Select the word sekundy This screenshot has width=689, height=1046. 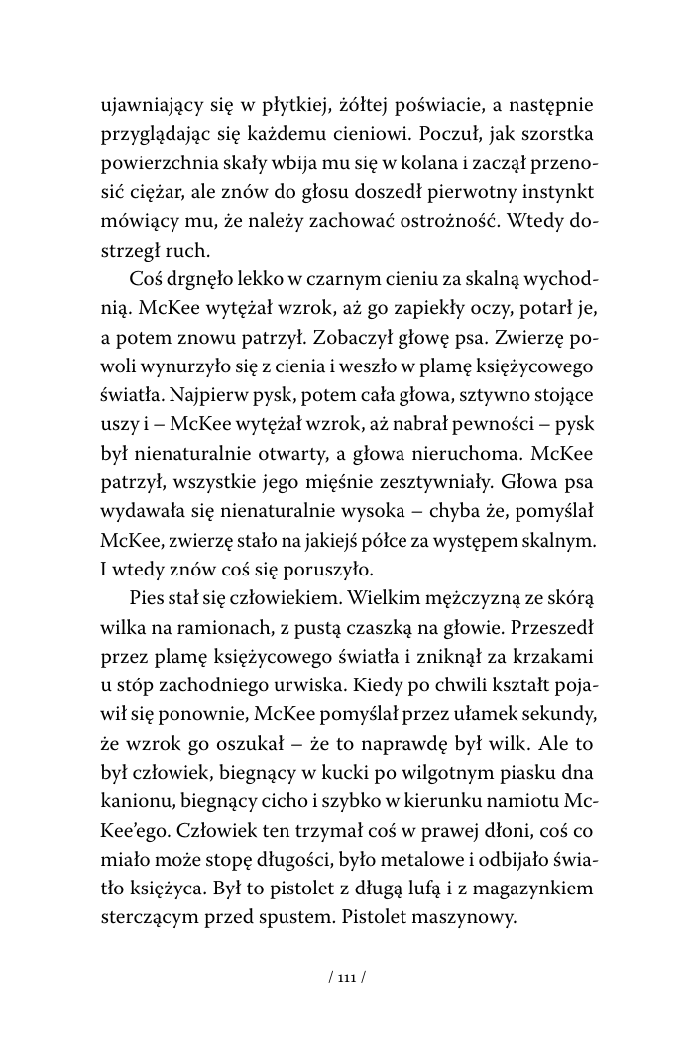pyautogui.click(x=559, y=714)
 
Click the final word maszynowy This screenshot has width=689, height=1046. pyautogui.click(x=467, y=916)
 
